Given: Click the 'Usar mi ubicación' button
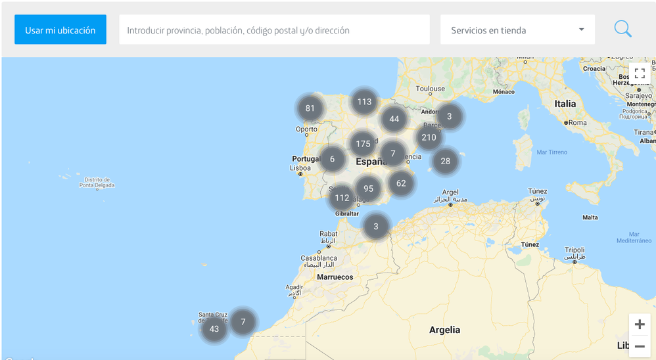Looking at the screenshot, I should click(60, 30).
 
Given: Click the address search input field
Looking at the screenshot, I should click(274, 30).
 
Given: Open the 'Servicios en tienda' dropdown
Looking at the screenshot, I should click(517, 30).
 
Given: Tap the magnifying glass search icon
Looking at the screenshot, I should click(622, 29).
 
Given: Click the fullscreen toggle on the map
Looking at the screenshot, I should click(639, 74).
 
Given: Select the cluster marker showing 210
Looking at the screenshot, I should click(429, 137).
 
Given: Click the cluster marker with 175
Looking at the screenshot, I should click(363, 144).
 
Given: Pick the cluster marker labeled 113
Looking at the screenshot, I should click(364, 102).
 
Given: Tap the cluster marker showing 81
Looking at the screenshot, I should click(310, 108).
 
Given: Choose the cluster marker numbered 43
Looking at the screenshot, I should click(214, 329).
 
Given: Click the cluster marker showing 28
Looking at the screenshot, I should click(445, 161).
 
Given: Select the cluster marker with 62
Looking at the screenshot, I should click(401, 183).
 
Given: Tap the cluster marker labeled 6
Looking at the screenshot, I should click(333, 159).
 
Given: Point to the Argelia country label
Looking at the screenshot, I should click(444, 330).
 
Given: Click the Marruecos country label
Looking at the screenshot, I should click(335, 277).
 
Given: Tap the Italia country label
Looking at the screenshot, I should click(565, 104).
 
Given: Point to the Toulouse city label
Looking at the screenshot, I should click(431, 89).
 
